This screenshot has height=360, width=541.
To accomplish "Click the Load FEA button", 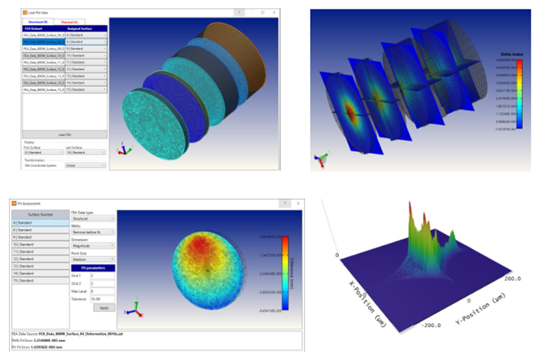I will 65,134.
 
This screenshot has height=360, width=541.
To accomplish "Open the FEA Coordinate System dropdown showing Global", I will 86,166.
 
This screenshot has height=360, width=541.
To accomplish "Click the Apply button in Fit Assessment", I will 104,308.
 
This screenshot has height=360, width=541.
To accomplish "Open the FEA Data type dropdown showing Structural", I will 93,219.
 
